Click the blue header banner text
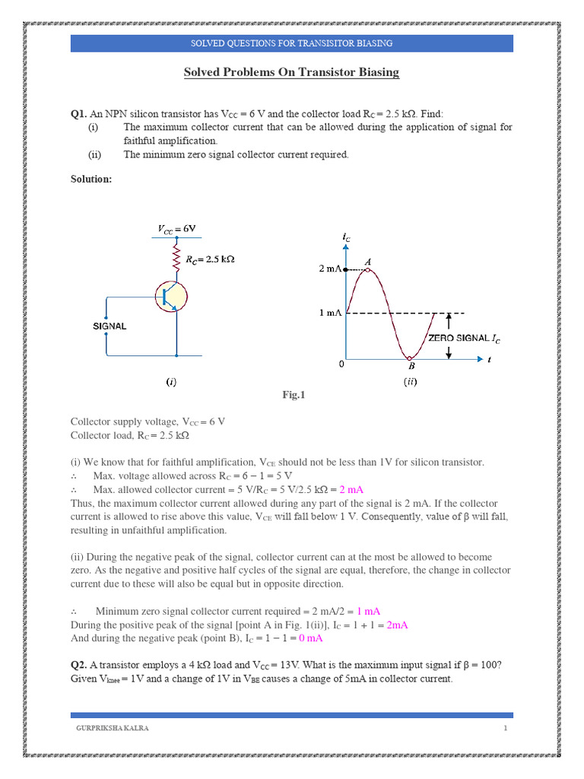click(291, 43)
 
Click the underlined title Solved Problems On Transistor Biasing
click(291, 72)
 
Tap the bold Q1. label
click(78, 113)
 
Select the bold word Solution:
click(91, 179)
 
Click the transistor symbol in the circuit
click(172, 297)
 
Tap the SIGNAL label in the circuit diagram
click(109, 326)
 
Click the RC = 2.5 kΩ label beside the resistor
click(211, 259)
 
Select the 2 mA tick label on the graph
click(329, 269)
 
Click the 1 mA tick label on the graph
click(329, 313)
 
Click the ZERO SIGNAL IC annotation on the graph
click(464, 337)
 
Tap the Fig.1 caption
click(292, 395)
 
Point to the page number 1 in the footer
click(504, 728)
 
